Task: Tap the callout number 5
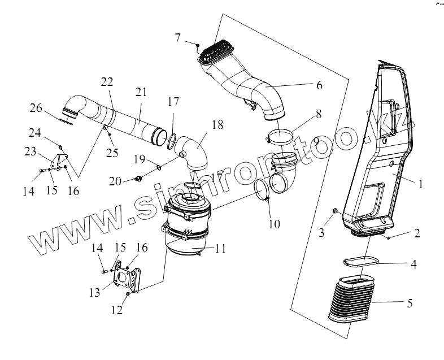pyautogui.click(x=410, y=303)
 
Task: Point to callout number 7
pyautogui.click(x=178, y=38)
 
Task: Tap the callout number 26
pyautogui.click(x=36, y=107)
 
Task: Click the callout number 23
pyautogui.click(x=29, y=151)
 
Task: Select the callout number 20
pyautogui.click(x=115, y=181)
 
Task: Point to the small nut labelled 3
pyautogui.click(x=336, y=211)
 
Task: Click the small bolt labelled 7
pyautogui.click(x=198, y=45)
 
